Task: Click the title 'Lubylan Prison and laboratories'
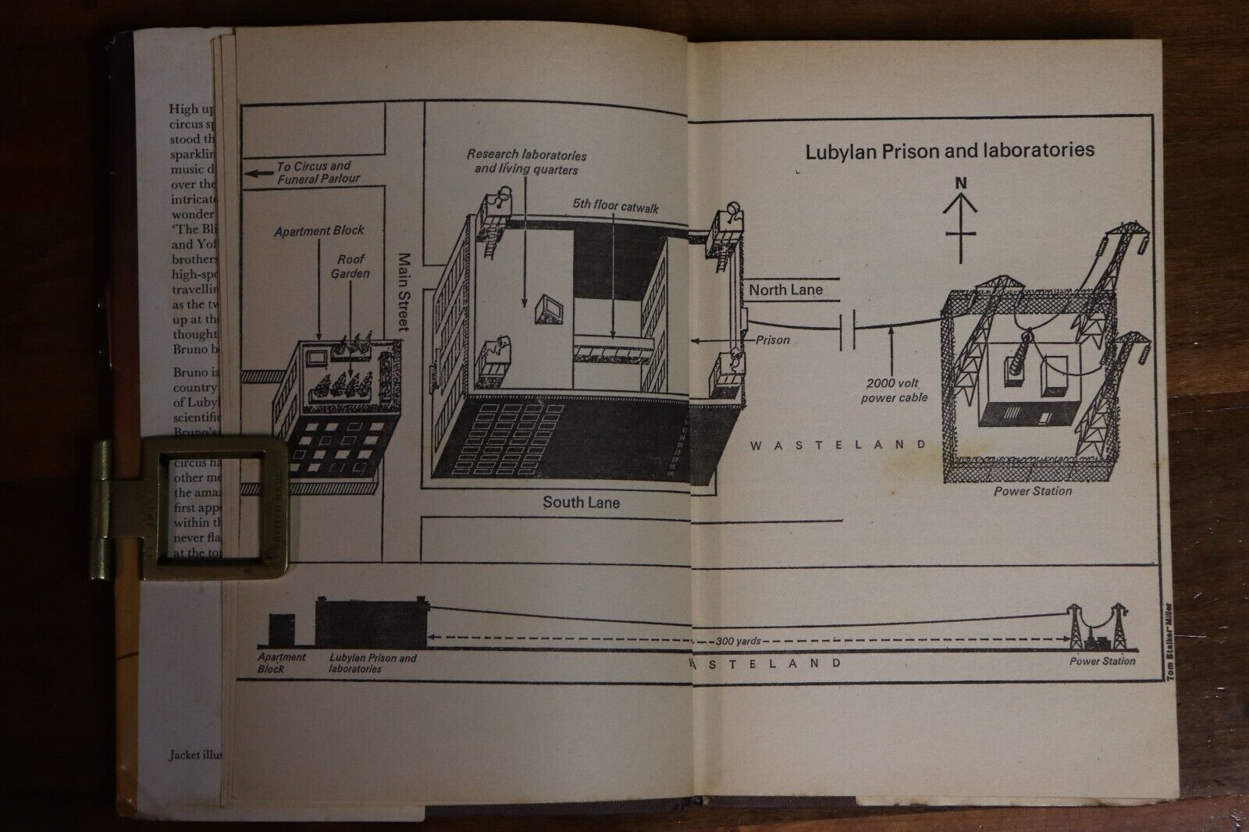(949, 151)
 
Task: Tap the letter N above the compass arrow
(961, 183)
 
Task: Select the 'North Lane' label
(785, 290)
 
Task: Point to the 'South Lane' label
(581, 503)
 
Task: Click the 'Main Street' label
(404, 291)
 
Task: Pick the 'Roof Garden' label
(351, 266)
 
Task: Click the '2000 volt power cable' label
(894, 390)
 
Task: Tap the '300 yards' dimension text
(737, 641)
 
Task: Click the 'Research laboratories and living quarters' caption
(526, 162)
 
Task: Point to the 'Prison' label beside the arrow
(772, 340)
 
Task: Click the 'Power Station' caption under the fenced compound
(1032, 491)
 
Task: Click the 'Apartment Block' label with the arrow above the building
(318, 231)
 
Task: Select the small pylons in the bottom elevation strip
(1101, 626)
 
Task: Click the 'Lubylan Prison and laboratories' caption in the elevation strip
(372, 663)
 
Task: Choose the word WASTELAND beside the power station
(838, 445)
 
